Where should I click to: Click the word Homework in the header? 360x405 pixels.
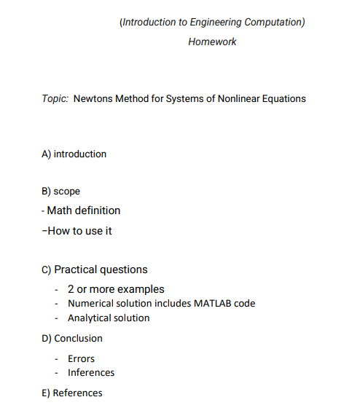click(x=212, y=42)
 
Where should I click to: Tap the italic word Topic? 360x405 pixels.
click(x=55, y=98)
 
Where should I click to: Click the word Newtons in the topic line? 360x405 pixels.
click(x=93, y=98)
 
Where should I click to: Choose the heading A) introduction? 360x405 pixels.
click(x=74, y=154)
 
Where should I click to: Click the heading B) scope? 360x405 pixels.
click(x=61, y=192)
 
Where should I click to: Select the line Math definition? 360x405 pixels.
click(x=83, y=211)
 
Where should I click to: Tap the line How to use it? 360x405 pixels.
click(x=79, y=231)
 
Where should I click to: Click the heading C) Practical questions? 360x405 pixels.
click(x=95, y=270)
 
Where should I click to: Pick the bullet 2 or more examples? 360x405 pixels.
click(x=116, y=289)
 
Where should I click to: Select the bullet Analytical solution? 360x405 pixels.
click(x=109, y=318)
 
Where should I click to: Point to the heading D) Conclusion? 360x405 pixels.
click(x=72, y=338)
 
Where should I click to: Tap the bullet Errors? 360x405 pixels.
click(x=81, y=358)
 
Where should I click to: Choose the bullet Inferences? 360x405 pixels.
click(x=91, y=372)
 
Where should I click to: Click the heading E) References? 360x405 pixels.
click(x=72, y=393)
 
